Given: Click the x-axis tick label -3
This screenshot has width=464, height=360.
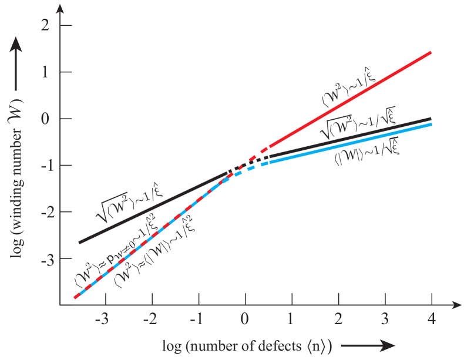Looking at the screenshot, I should (103, 321).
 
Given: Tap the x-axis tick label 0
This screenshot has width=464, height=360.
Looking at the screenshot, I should (245, 321).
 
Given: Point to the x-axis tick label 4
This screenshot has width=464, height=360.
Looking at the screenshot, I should (432, 321).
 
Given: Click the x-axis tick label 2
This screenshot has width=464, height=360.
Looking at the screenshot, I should (338, 321).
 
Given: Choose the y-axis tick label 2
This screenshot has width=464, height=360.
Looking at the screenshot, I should (45, 26).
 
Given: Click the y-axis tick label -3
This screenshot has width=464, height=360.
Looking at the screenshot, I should (43, 258).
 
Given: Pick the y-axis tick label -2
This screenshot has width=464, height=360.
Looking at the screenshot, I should (43, 212).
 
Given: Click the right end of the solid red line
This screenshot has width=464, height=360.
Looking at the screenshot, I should (432, 52).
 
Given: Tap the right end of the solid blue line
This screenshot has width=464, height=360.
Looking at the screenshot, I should (432, 125).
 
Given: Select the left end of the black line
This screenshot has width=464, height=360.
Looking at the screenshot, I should (79, 242).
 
